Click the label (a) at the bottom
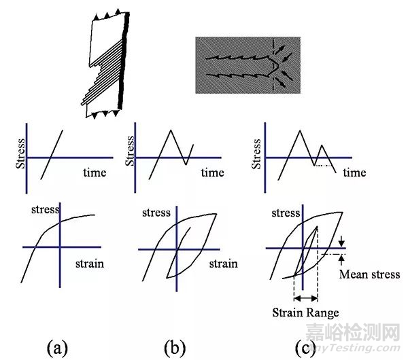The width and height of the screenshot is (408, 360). (57, 348)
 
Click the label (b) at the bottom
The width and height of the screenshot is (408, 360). (175, 348)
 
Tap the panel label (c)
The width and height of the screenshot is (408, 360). (305, 348)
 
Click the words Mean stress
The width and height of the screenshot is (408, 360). (370, 274)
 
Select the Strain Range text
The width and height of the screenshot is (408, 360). (305, 312)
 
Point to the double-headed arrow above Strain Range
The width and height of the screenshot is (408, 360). (306, 298)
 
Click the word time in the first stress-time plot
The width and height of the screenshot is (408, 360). (95, 173)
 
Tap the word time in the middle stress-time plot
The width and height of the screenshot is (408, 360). (212, 173)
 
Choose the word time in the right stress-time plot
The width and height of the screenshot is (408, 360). (354, 173)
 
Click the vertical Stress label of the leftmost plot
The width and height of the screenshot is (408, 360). (20, 154)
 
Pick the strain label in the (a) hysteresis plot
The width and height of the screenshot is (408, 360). (90, 264)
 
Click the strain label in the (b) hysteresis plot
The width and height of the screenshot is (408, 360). (223, 264)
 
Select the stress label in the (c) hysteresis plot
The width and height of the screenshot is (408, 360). (286, 213)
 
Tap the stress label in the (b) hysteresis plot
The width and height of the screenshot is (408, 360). (156, 213)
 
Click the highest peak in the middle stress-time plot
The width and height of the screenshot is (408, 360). (171, 130)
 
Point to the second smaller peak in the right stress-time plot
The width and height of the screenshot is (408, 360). (322, 145)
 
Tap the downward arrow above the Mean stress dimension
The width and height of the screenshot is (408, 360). (341, 241)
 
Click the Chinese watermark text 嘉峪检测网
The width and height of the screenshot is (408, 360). (352, 332)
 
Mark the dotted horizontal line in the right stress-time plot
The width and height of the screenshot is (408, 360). (324, 165)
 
